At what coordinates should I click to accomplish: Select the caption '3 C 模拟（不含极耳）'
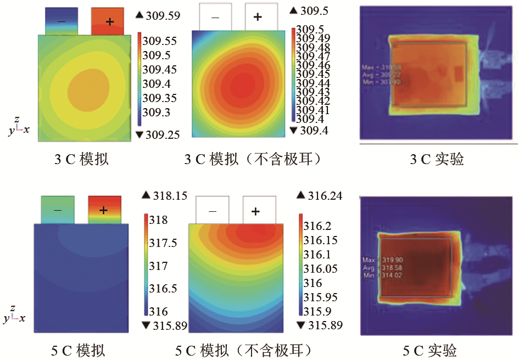pyautogui.click(x=252, y=159)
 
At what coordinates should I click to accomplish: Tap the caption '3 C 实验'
pyautogui.click(x=437, y=159)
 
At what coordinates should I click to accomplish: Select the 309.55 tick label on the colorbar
pyautogui.click(x=160, y=41)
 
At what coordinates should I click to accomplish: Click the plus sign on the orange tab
pyautogui.click(x=109, y=21)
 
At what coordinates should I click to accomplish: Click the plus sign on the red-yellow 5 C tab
pyautogui.click(x=104, y=210)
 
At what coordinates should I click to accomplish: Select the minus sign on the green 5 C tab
pyautogui.click(x=57, y=210)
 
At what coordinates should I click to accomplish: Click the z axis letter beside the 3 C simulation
pyautogui.click(x=18, y=119)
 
